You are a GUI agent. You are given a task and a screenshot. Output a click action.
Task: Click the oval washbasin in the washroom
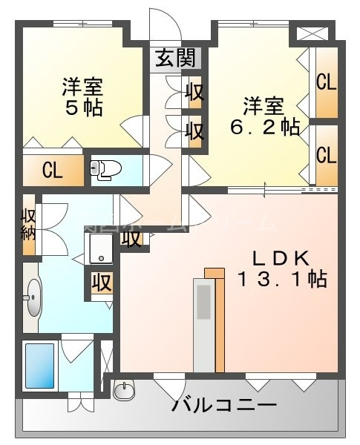point(33,297)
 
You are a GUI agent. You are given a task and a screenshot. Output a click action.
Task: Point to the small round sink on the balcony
point(125,389)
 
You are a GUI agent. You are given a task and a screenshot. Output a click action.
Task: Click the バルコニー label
point(224,406)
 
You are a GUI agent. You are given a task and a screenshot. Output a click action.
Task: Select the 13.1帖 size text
point(282,280)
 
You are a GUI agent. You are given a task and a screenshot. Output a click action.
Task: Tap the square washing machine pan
point(101,248)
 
